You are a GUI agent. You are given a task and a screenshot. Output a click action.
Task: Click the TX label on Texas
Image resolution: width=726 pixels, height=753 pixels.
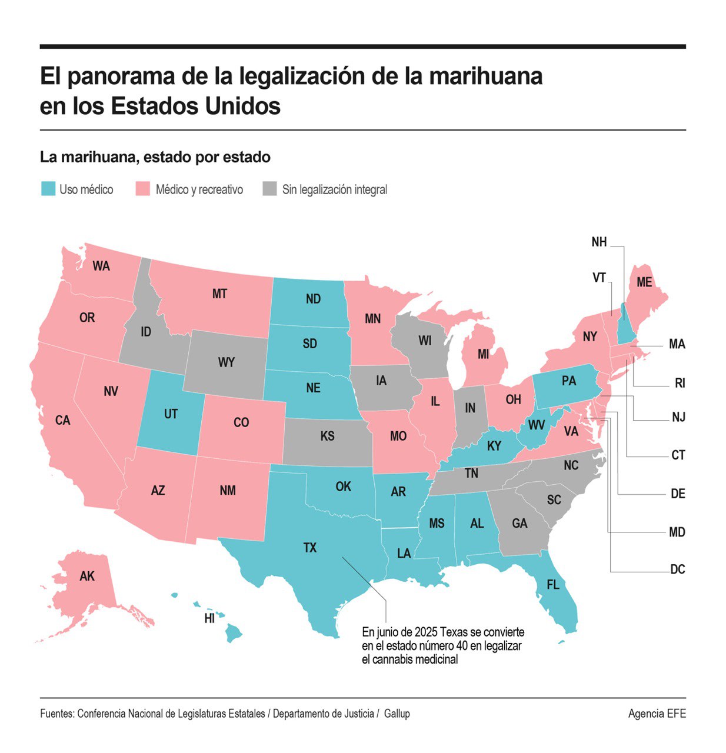tap(310, 548)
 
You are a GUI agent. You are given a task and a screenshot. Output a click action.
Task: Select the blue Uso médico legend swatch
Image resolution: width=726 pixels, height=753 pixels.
tap(48, 189)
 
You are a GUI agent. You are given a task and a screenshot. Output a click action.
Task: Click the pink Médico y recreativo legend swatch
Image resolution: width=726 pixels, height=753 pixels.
tap(143, 189)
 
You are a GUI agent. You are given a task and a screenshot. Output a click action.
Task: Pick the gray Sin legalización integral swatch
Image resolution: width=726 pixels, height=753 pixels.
tap(269, 189)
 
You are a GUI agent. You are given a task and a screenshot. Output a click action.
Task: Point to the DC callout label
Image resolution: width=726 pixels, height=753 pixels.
tap(678, 569)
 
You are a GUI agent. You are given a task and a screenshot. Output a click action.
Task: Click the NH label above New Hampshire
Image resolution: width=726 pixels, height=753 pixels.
tap(599, 242)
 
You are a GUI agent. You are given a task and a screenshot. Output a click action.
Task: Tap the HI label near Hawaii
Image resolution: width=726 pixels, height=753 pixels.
tap(209, 618)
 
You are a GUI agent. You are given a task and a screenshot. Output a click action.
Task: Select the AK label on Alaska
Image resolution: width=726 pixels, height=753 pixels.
tap(87, 576)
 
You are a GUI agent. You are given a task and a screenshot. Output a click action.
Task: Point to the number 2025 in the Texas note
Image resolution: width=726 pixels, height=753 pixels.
tap(427, 632)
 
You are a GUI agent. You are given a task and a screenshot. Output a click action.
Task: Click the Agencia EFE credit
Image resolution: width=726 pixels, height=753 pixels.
tap(657, 714)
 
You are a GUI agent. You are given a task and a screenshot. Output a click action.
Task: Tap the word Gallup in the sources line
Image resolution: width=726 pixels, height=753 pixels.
tap(397, 714)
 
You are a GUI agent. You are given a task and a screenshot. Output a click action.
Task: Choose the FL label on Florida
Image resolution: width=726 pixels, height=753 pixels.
tap(553, 585)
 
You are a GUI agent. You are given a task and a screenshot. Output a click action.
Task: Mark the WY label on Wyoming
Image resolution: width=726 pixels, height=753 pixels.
tap(227, 362)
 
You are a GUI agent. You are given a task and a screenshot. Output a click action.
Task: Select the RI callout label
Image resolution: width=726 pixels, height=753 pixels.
tap(680, 384)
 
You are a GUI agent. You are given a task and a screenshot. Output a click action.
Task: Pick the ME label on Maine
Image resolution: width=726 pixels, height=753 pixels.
tap(644, 282)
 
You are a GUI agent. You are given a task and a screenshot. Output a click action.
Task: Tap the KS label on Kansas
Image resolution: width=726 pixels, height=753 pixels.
tap(328, 436)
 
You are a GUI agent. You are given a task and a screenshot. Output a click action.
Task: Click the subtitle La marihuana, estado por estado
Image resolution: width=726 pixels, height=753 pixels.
tap(155, 158)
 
